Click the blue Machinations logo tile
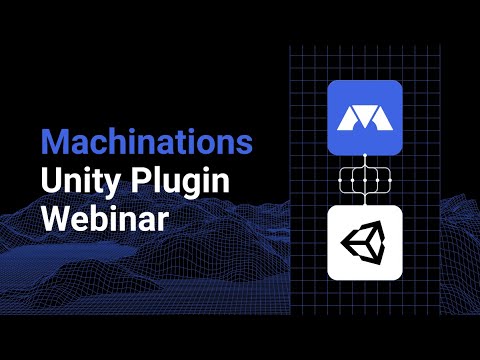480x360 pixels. (x=364, y=118)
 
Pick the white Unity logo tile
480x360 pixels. (x=364, y=243)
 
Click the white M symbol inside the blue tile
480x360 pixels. (x=364, y=119)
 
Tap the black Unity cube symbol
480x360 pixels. (x=364, y=243)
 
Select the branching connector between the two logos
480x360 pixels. (x=364, y=181)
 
